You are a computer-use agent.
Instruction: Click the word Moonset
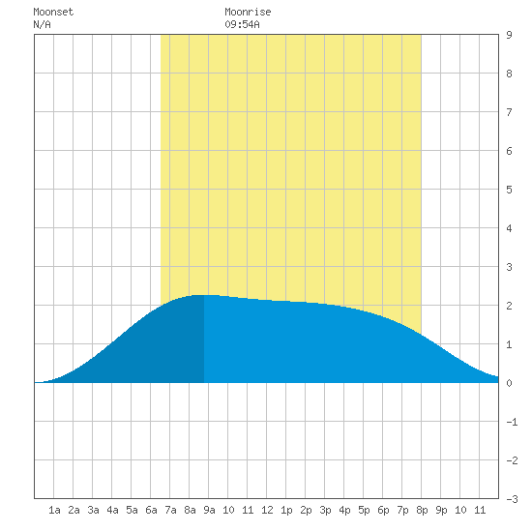tap(53, 12)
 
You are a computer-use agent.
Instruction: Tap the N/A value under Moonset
tap(42, 24)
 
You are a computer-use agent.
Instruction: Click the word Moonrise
tap(248, 12)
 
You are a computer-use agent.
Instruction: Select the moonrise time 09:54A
tap(242, 24)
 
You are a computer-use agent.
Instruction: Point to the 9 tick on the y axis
tap(509, 35)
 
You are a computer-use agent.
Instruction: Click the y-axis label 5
tap(509, 190)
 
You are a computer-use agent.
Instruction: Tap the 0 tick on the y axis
tap(509, 383)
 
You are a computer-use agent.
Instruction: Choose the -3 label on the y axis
tap(512, 499)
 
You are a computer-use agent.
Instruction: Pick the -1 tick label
tap(512, 422)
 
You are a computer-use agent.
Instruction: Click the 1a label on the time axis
tap(54, 510)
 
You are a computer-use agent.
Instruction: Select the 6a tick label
tap(151, 510)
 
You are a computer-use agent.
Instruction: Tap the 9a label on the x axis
tap(209, 510)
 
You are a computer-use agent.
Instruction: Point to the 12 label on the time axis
tap(267, 510)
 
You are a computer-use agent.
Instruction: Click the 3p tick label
tap(325, 510)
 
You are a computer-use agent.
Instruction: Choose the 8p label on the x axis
tap(422, 510)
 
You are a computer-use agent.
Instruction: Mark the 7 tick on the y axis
tap(509, 112)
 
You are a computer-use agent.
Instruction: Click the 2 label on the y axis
tap(509, 306)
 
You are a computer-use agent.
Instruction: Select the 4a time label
tap(112, 510)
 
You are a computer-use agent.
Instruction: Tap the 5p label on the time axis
tap(364, 510)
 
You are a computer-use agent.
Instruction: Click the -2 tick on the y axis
tap(512, 460)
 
